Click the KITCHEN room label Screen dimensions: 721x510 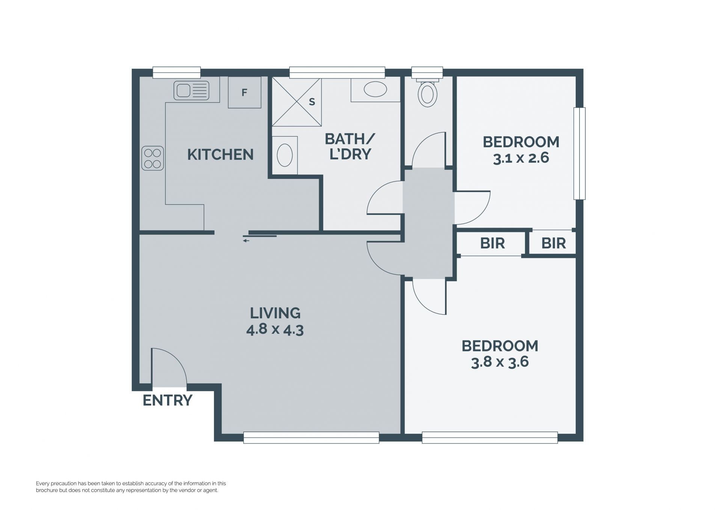pos(220,154)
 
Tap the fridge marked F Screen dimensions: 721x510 pos(244,92)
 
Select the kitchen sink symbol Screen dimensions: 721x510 pos(191,91)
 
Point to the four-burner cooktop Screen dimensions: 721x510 pos(153,158)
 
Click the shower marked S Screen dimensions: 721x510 pos(297,102)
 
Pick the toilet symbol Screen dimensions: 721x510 pos(427,92)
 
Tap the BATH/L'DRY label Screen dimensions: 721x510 pos(350,146)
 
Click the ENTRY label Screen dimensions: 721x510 pos(167,400)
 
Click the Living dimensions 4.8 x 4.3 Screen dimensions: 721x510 pos(275,330)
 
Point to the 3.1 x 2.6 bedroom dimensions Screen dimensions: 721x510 pos(521,158)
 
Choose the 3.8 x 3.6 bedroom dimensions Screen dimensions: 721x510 pos(500,362)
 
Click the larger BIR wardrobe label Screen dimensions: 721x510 pos(492,244)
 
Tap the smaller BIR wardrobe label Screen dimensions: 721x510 pos(554,244)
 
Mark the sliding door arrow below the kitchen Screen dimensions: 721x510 pos(246,241)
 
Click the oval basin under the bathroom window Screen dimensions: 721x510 pos(375,89)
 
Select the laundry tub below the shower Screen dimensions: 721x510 pos(285,155)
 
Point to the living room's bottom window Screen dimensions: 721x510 pos(311,437)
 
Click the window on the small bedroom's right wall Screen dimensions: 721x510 pos(579,153)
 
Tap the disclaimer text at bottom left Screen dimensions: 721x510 pos(131,487)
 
